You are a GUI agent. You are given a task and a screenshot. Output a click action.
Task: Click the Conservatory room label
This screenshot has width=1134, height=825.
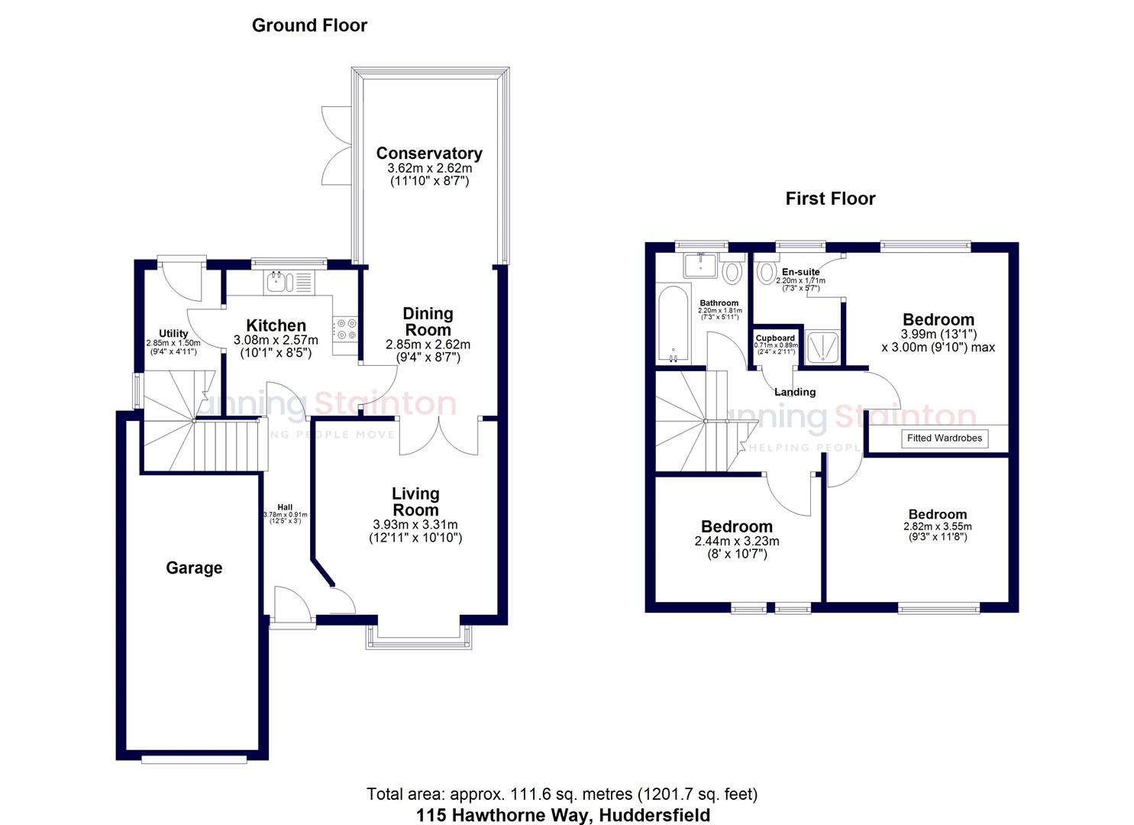[428, 154]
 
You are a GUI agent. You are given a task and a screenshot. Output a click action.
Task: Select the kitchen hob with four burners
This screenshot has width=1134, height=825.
[346, 329]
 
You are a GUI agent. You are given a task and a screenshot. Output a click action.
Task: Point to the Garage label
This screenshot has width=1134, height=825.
[194, 568]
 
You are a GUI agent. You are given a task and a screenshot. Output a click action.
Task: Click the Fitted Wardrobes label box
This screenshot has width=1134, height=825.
[945, 438]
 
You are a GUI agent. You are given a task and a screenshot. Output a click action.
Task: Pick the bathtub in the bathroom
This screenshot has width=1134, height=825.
[673, 324]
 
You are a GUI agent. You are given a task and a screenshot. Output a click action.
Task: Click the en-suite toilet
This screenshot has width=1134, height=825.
[767, 272]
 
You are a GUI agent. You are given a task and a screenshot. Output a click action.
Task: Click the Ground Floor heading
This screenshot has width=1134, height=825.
[309, 25]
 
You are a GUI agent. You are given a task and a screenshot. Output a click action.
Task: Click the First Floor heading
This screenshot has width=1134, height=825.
[830, 199]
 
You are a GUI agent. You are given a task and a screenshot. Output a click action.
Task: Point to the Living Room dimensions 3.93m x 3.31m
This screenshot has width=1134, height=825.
[415, 525]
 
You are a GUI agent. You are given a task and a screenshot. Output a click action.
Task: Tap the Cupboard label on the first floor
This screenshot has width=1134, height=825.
[775, 338]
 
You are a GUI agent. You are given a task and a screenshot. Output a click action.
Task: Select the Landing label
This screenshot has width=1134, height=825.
[795, 392]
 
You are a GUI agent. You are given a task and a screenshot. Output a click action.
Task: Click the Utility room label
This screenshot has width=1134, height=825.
[173, 333]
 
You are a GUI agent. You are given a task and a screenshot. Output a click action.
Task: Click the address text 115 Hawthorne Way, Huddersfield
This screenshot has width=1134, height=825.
[563, 815]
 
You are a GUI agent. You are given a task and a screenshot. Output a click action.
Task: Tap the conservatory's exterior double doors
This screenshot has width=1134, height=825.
[335, 145]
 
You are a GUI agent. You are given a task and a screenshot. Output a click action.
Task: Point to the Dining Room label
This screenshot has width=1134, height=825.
[428, 322]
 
